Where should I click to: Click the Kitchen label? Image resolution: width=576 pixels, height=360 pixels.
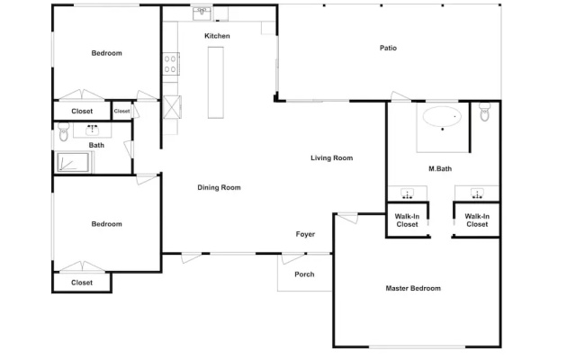point(217,36)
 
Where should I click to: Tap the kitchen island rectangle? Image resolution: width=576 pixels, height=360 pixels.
point(216,82)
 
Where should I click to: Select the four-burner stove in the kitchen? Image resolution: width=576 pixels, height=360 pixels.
point(171,64)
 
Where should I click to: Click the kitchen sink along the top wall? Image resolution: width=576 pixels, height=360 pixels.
point(202,13)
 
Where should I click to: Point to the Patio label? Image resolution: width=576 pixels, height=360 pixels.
point(388,48)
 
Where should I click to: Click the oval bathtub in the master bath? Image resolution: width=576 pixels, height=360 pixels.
point(442,116)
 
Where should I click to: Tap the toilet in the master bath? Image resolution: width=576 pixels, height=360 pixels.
point(485,112)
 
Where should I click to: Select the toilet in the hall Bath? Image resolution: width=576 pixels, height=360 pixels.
point(64,132)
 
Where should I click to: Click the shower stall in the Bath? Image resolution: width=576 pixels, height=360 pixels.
point(73,162)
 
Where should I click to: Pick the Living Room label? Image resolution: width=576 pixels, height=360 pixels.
point(332,158)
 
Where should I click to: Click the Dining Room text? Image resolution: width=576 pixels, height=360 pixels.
point(219,188)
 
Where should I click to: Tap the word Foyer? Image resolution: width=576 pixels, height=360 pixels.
point(305,234)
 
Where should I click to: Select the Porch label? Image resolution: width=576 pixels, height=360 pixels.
point(304,274)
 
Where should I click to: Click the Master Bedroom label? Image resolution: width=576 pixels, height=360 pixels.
point(413,288)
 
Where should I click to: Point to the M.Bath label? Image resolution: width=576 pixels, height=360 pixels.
point(440,169)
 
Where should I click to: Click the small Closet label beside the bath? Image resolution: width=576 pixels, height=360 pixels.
point(121,111)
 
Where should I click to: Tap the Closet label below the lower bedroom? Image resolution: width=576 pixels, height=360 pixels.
point(82,283)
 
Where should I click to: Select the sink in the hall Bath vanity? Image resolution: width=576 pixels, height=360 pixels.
point(92,130)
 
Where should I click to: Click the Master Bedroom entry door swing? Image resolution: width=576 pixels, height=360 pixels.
point(347,218)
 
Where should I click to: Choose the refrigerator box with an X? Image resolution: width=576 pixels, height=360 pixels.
point(172,107)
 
